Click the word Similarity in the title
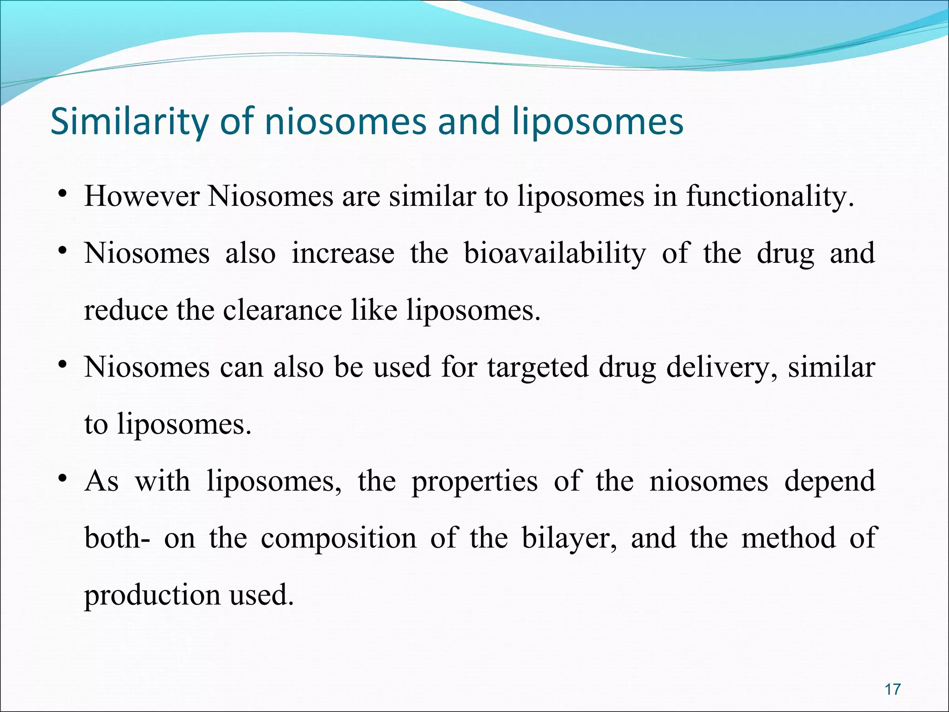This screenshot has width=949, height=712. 129,121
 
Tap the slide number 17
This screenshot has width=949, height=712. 892,689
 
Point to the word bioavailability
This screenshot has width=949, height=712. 555,254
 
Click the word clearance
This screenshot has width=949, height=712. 282,310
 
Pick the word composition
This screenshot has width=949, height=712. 338,539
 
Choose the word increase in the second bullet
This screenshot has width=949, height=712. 343,254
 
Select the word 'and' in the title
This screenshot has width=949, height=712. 468,121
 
